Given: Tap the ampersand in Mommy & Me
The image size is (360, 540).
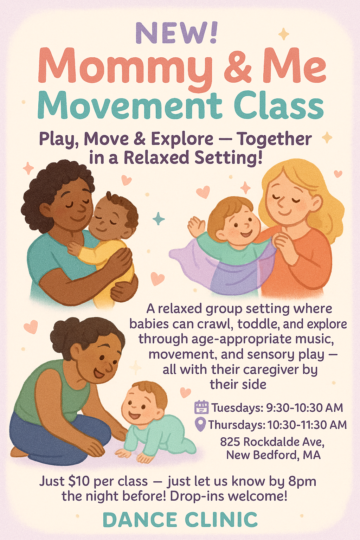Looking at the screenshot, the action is point(238,65).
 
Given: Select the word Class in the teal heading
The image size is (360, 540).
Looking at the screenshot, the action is point(278,105).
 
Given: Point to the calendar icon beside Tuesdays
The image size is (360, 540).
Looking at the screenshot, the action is point(201,407).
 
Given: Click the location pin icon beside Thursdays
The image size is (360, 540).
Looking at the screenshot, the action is point(200,424).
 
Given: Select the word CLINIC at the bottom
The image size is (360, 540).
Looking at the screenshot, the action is point(221,520).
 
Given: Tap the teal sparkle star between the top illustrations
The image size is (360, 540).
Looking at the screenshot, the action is point(159,219).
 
